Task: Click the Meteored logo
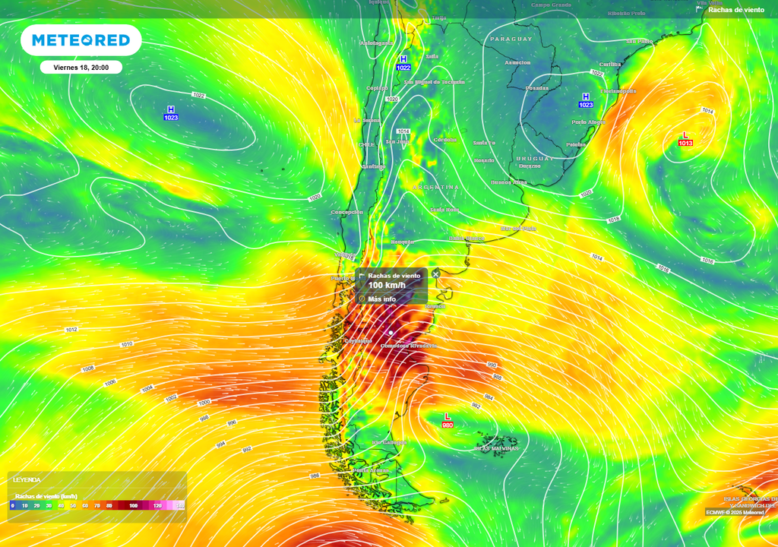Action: point(81,40)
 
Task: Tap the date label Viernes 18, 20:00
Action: point(81,68)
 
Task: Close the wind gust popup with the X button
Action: point(435,274)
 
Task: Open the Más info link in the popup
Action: point(381,299)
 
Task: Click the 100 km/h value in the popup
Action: point(386,285)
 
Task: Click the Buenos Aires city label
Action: point(508,182)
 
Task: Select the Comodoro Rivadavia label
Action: point(409,346)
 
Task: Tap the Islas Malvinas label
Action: point(497,448)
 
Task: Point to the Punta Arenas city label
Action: point(371,470)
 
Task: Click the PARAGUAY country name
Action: point(512,39)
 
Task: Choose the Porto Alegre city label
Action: point(589,122)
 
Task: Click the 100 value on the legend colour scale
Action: point(134,505)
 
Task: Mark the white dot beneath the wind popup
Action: point(391,333)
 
